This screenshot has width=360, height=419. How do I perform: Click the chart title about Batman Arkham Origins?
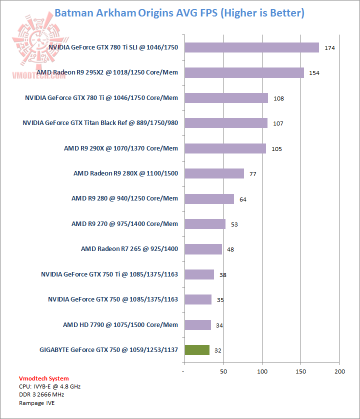click(x=179, y=12)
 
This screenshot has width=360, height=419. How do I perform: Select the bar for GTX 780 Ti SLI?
click(x=251, y=47)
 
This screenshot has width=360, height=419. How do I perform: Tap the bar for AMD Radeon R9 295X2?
click(x=244, y=72)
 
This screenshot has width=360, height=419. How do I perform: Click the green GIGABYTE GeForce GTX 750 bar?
click(x=197, y=350)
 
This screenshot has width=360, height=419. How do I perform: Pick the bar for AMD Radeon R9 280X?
click(x=214, y=173)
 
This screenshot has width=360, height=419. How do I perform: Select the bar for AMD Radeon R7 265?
click(x=203, y=249)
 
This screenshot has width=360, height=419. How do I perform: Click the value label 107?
click(x=278, y=123)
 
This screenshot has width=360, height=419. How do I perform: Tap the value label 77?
click(x=253, y=174)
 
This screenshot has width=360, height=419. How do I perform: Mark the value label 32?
click(x=218, y=350)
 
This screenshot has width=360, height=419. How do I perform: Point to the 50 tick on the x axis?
click(x=223, y=371)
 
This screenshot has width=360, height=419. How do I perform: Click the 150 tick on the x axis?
click(x=301, y=371)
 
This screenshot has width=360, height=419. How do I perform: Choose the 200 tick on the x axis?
click(x=339, y=371)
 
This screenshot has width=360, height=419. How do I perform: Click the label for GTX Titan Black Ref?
click(x=100, y=123)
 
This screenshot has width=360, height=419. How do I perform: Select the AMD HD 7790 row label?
click(x=120, y=324)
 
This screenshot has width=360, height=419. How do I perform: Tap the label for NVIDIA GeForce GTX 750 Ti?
click(x=110, y=274)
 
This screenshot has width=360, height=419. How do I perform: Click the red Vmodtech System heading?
click(x=44, y=378)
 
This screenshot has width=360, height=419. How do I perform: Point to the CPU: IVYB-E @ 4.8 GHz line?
click(x=50, y=386)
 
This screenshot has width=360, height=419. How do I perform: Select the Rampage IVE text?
click(x=36, y=402)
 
